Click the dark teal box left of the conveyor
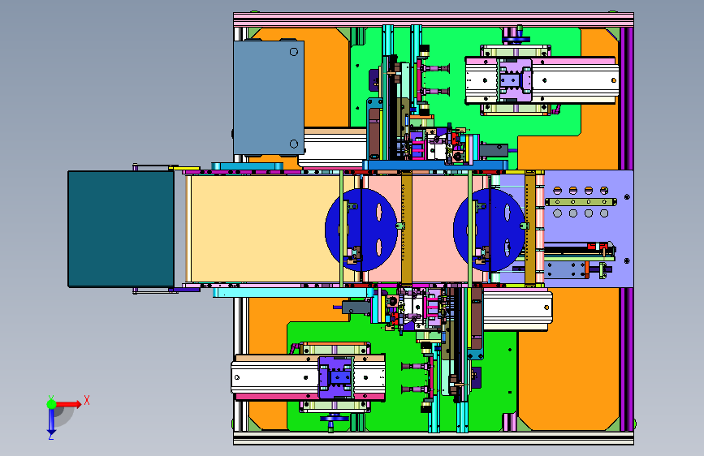121,229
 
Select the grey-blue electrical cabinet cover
269,98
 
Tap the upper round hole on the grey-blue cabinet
294,52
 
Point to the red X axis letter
87,400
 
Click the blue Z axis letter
50,436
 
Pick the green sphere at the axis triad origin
52,404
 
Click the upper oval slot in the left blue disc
379,213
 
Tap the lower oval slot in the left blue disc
379,247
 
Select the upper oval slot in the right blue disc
507,213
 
